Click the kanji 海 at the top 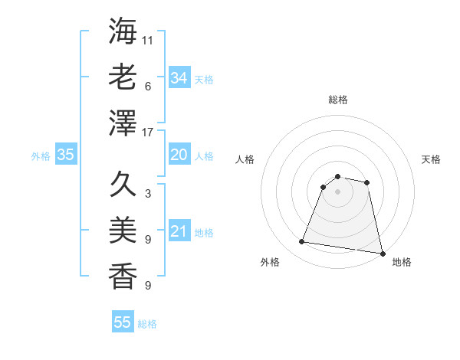click(123, 32)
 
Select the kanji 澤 click(123, 123)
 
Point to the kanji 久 click(123, 184)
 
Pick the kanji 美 click(123, 229)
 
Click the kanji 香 click(123, 274)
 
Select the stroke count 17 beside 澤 click(148, 133)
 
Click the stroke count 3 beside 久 click(147, 194)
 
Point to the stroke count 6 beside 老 click(147, 87)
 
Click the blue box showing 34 click(179, 78)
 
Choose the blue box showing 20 click(179, 155)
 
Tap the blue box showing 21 click(179, 231)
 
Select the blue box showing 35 click(66, 155)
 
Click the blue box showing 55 click(123, 322)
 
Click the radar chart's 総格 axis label click(337, 100)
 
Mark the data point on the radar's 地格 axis click(382, 252)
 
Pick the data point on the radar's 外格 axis click(302, 242)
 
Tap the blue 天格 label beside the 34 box click(204, 80)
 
